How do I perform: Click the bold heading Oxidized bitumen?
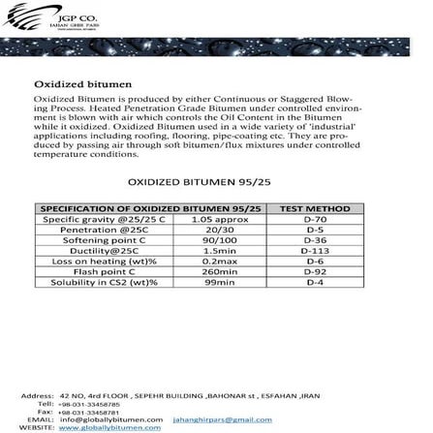[x=69, y=84]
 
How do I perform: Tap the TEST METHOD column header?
[x=314, y=208]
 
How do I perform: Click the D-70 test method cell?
[x=314, y=219]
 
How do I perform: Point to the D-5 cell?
[x=314, y=230]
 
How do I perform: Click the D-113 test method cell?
[x=314, y=251]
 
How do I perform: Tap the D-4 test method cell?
[x=314, y=283]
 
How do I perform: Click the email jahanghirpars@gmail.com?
[x=223, y=419]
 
